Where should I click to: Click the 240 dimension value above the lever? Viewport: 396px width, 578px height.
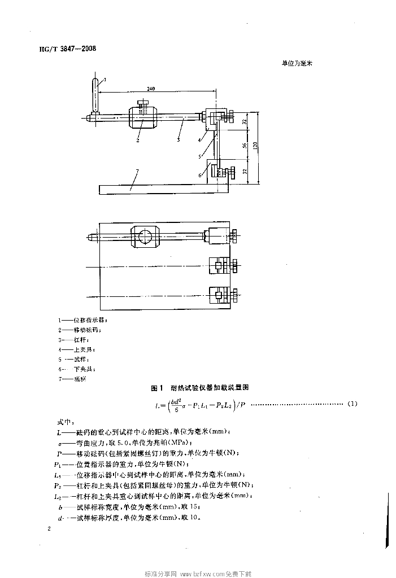click(x=151, y=88)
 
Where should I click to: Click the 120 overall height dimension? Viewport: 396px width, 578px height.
click(x=256, y=146)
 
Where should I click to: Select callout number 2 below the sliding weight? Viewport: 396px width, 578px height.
click(x=137, y=140)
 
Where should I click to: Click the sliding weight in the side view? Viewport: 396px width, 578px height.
click(x=142, y=117)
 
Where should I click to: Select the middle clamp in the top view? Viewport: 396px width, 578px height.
click(x=222, y=265)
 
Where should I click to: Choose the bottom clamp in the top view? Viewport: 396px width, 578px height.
click(x=222, y=294)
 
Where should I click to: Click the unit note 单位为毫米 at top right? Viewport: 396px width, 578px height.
click(x=297, y=64)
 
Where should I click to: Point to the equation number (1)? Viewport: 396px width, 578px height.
click(x=352, y=404)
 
